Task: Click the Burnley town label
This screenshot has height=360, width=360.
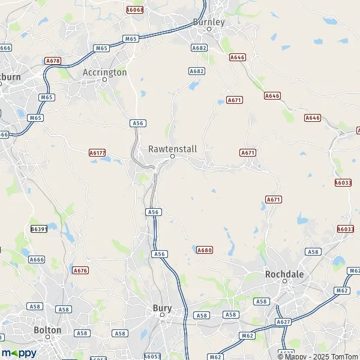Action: [208, 22]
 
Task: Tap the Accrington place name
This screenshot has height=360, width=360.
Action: [104, 72]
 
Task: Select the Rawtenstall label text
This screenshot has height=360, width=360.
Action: [172, 148]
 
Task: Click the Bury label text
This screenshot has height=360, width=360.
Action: [162, 308]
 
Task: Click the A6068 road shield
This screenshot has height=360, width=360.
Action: [134, 10]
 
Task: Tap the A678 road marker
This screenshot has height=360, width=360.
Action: [53, 61]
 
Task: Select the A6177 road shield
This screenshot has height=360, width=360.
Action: [97, 153]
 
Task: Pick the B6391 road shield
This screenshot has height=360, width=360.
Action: [39, 229]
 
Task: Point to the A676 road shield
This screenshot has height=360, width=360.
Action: [80, 271]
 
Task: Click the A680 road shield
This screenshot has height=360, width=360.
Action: [205, 250]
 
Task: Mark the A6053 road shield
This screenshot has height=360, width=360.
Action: [153, 356]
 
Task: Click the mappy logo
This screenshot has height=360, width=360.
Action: [19, 353]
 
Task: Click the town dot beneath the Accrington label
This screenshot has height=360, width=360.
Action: [104, 80]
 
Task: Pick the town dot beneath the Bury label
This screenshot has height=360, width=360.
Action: [162, 316]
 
